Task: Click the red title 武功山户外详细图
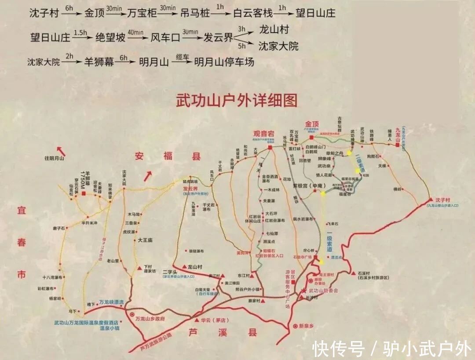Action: (236, 101)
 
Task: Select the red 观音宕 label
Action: (264, 134)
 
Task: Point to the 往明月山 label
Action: (54, 158)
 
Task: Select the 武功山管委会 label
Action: (323, 291)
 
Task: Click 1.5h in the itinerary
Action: (80, 33)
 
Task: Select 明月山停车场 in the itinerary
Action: (224, 62)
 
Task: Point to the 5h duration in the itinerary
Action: (241, 46)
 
